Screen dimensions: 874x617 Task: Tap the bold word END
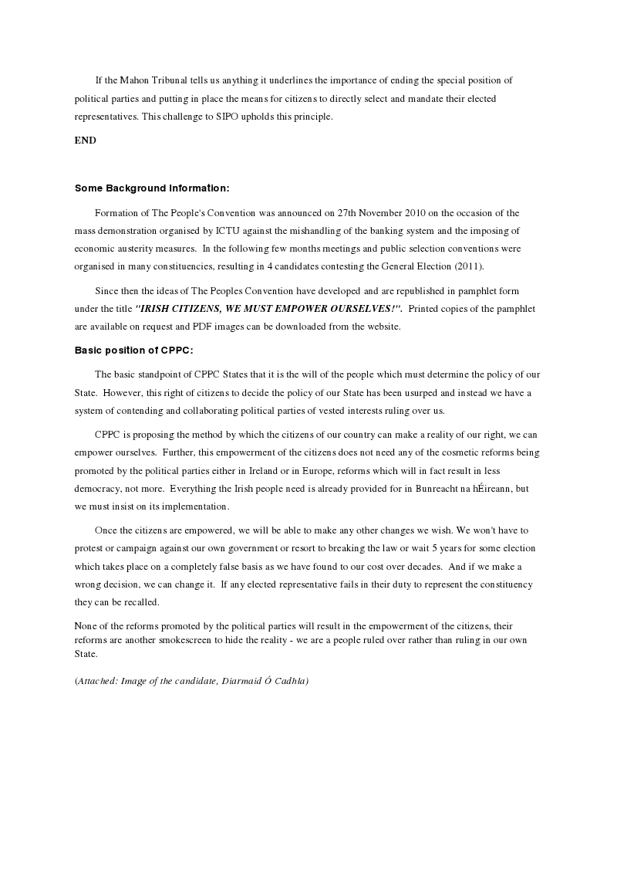86,141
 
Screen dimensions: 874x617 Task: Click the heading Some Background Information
152,188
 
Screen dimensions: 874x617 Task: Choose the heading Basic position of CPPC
133,350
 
